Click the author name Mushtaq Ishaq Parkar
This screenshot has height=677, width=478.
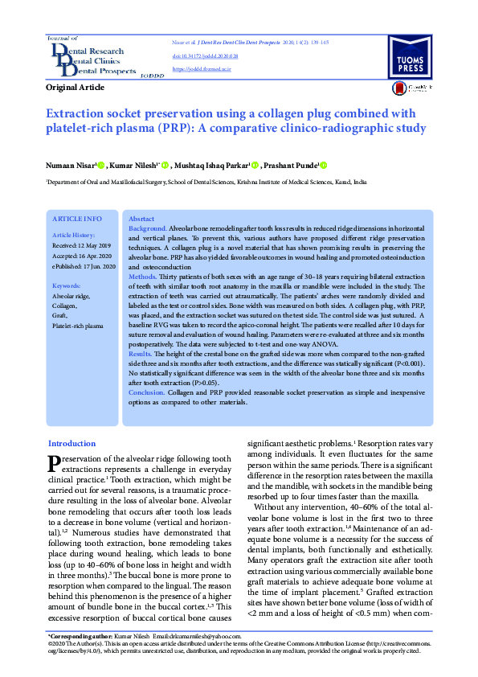[217, 165]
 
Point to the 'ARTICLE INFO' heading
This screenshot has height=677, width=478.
[76, 219]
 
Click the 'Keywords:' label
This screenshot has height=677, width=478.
[66, 285]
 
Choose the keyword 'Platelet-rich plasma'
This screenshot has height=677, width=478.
[78, 326]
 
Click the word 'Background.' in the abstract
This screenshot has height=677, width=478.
[148, 228]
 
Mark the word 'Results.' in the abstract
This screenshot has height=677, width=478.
[141, 353]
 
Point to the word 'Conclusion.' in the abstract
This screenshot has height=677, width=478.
[148, 392]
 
